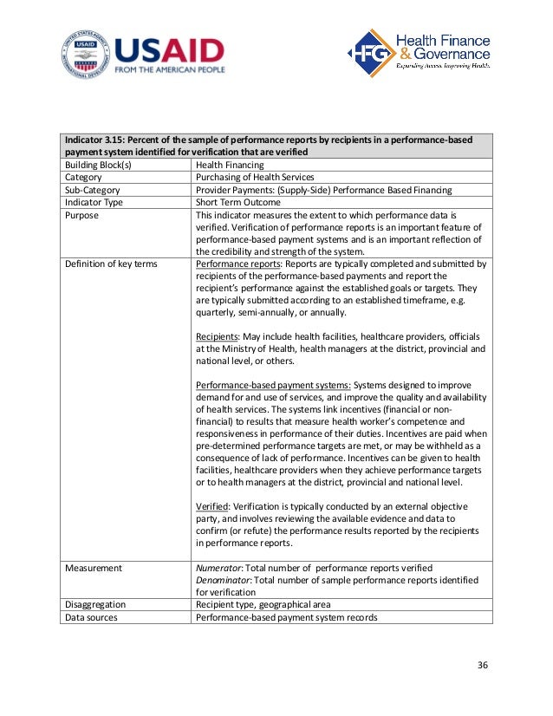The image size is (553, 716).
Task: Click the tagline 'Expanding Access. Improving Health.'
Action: coord(443,66)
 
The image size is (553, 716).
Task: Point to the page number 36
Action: coord(484,665)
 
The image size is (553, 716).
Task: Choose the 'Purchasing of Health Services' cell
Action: coord(255,177)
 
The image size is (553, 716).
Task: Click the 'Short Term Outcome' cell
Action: coord(238,201)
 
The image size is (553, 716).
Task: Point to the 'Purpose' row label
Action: coord(82,214)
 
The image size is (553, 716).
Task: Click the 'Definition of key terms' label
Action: coord(111,264)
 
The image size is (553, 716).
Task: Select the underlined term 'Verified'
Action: coord(213,506)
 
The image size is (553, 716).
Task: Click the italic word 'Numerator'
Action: coord(222,568)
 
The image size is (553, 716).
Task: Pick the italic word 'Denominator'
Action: coord(227,580)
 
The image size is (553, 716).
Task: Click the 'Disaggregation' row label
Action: coord(95,605)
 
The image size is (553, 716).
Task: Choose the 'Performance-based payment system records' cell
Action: coord(287,617)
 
